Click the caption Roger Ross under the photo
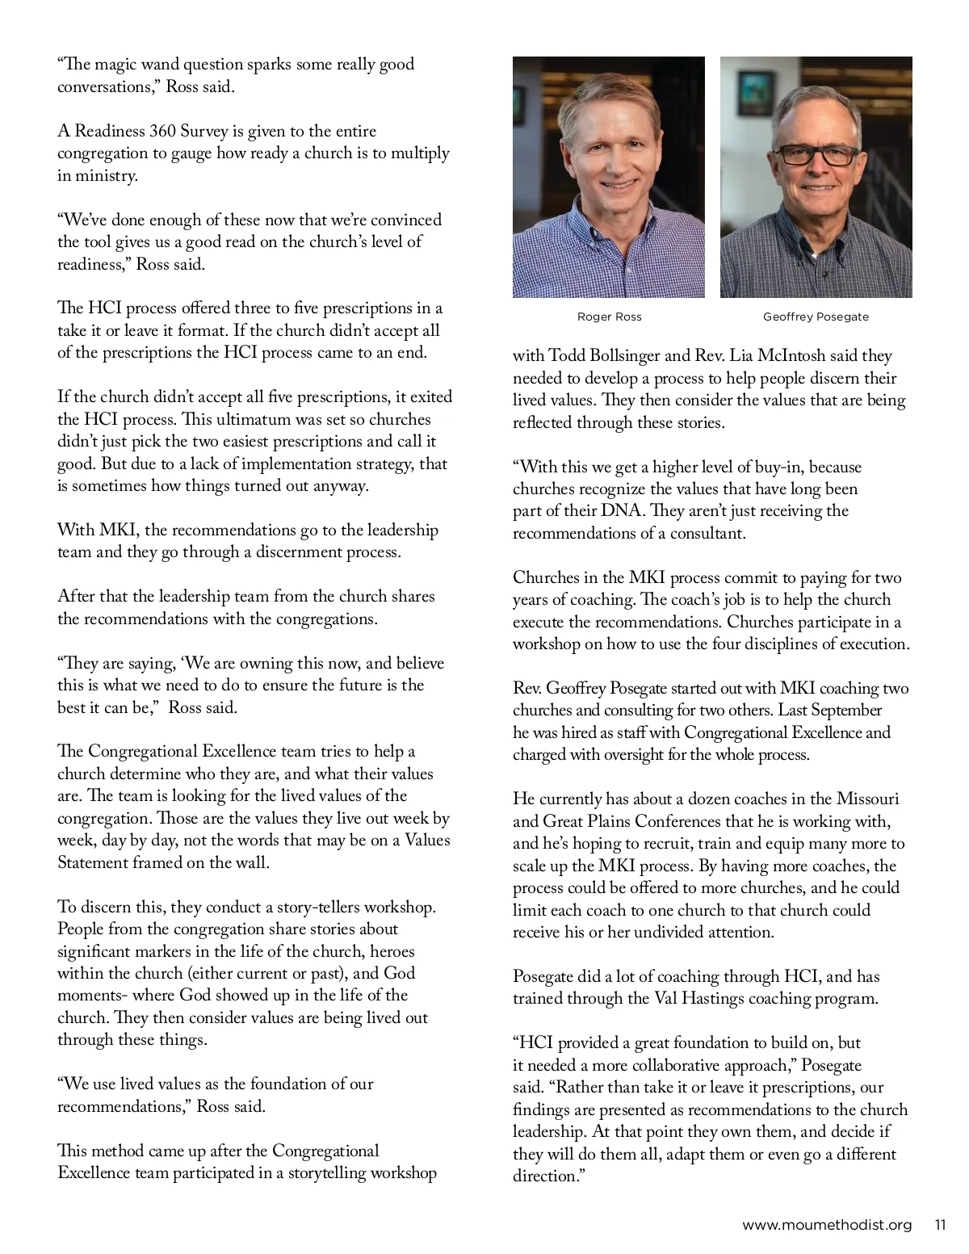609,317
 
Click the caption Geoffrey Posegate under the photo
816,317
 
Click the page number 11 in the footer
940,1225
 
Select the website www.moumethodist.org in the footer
827,1225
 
